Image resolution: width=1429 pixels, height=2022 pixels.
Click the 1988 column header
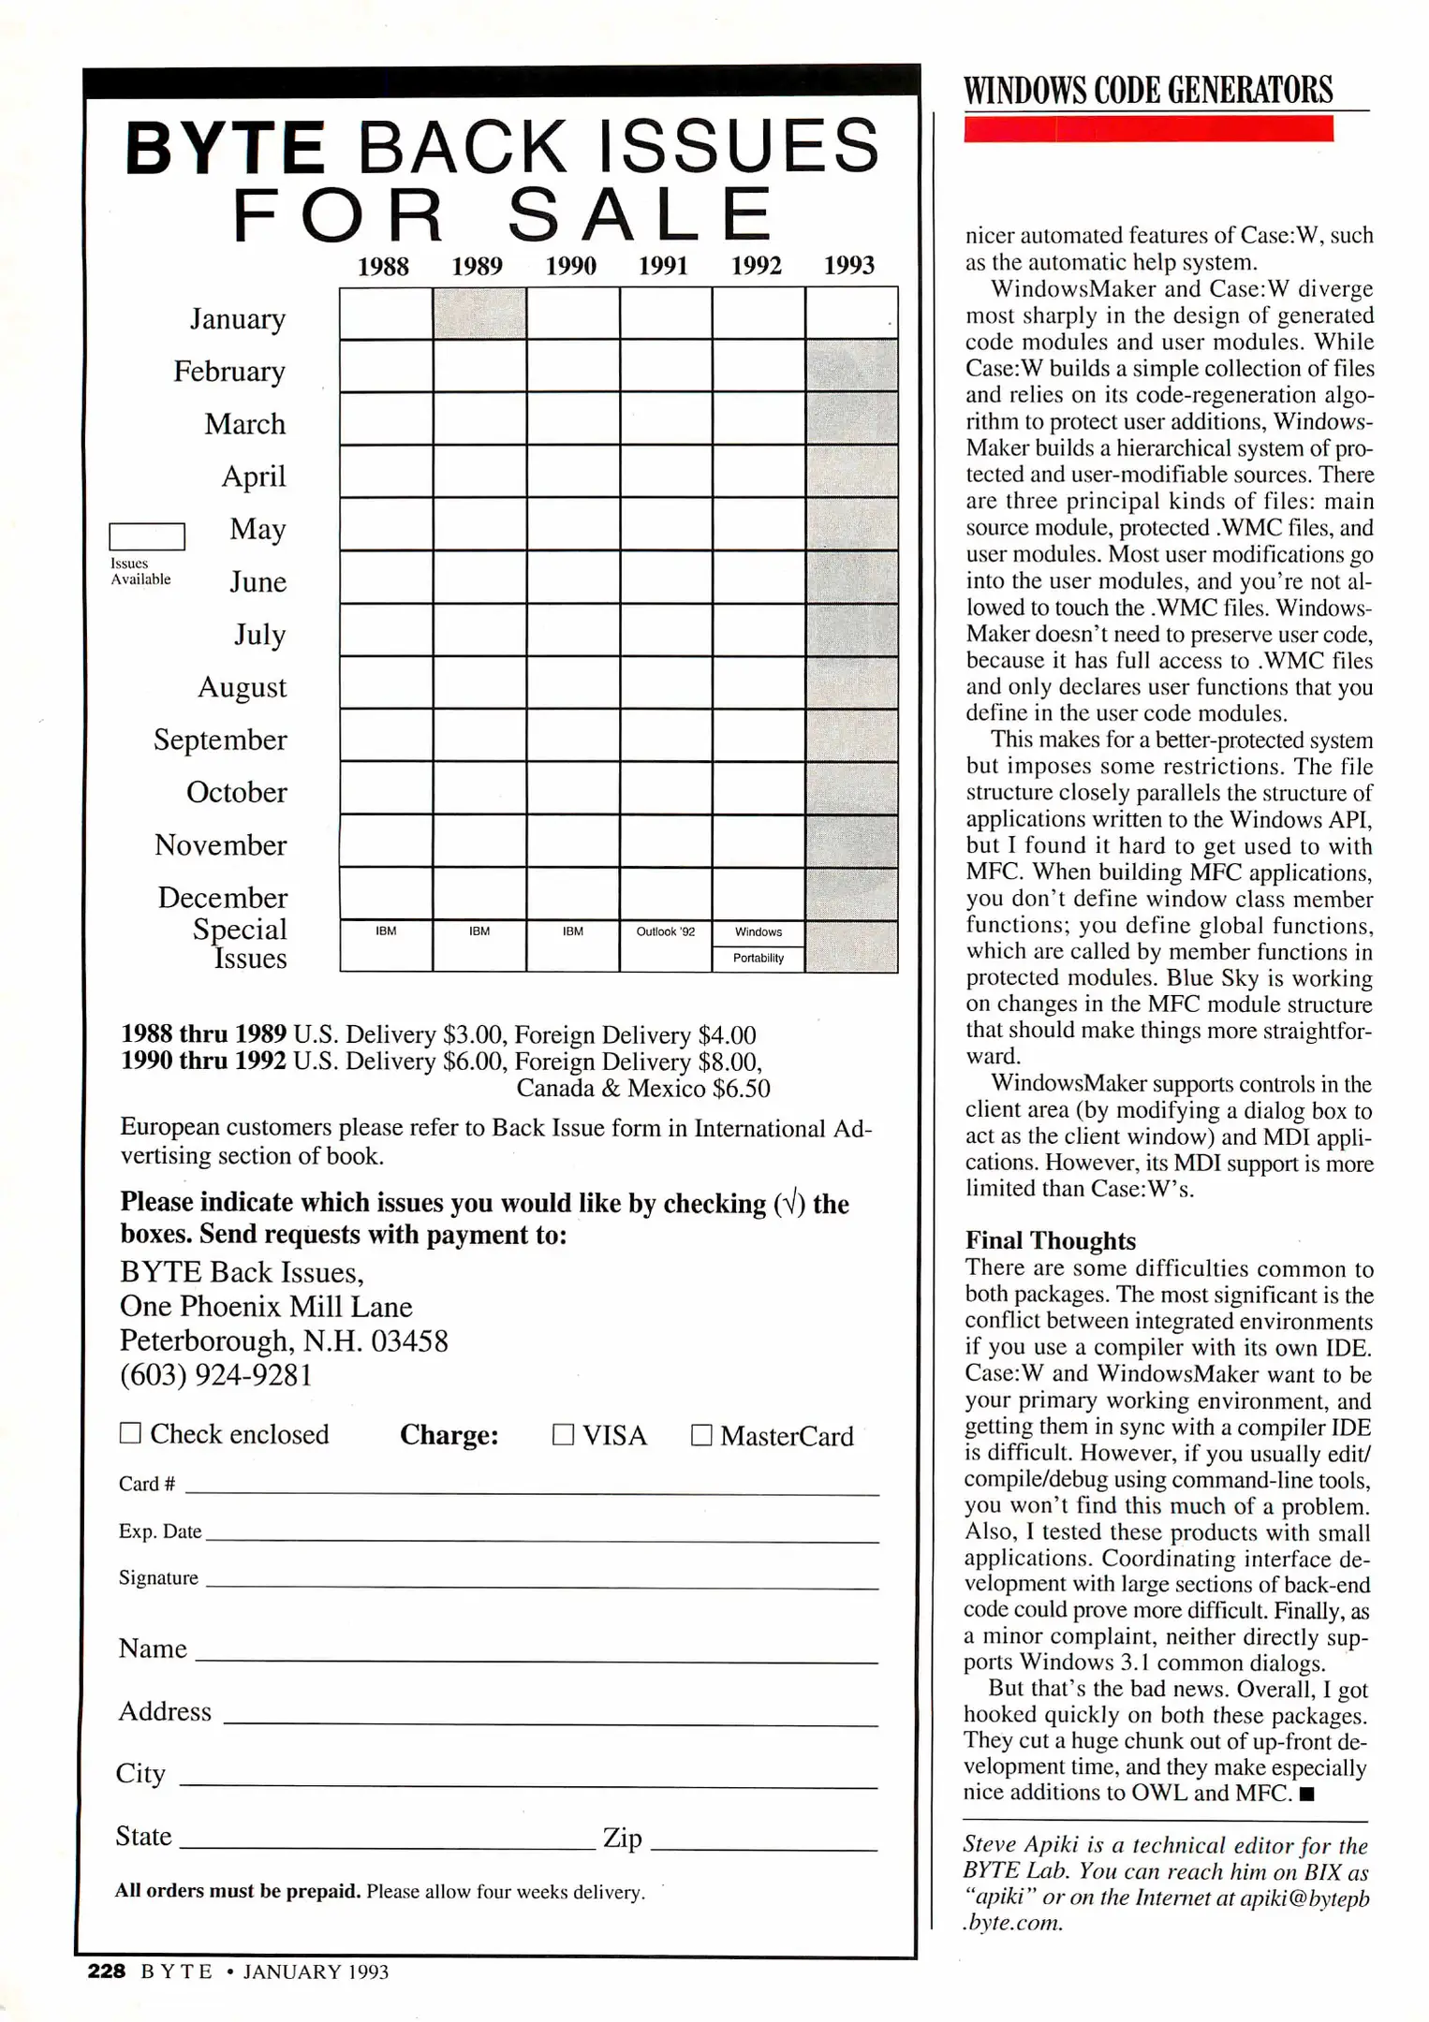coord(383,267)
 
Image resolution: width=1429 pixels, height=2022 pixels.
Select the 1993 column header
coord(848,266)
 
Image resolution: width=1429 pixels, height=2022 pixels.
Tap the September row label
coord(220,740)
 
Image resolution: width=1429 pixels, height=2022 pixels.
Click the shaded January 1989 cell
coord(479,313)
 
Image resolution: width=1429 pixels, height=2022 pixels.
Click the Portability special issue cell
coord(758,959)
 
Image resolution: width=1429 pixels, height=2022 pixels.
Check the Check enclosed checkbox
coord(130,1433)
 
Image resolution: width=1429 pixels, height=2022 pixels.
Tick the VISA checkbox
coord(563,1435)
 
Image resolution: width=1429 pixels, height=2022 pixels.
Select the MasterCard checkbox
coord(700,1435)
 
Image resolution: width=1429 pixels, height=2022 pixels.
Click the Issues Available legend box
coord(147,536)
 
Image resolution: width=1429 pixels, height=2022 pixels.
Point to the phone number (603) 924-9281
coord(215,1375)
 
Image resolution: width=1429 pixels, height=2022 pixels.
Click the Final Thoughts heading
coord(1050,1240)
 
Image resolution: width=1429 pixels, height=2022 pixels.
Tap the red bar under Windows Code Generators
coord(1148,129)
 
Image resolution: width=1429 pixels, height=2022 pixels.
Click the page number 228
coord(106,1971)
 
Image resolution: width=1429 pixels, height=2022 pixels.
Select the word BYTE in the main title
coord(225,148)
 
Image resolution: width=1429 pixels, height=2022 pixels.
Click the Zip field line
coord(763,1848)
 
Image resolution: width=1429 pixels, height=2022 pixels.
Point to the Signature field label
coord(158,1578)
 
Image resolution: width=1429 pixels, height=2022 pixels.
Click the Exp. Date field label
coord(159,1531)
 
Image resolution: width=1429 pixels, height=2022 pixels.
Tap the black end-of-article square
coord(1307,1795)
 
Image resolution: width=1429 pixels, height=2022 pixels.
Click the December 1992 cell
coord(758,893)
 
